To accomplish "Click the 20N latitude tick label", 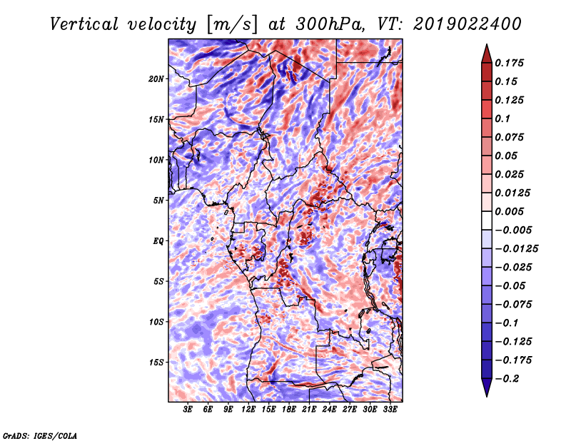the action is [156, 79].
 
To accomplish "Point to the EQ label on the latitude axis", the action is [158, 241].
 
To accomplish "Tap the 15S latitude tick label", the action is [156, 363].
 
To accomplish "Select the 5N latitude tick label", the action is [158, 201].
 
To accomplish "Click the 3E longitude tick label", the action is [188, 410].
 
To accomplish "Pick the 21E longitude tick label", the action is [309, 410].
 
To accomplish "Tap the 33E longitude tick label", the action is [390, 410].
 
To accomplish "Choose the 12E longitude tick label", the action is [248, 410].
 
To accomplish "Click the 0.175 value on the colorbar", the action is [509, 63].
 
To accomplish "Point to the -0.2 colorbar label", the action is [507, 379].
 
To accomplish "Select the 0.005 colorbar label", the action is [509, 211].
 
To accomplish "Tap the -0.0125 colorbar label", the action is [516, 249].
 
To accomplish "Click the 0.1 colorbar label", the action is [502, 118].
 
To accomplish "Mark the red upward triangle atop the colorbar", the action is [487, 54].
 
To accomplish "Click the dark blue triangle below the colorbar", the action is [487, 387].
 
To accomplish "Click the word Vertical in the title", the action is [84, 24].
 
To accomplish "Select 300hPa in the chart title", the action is [330, 24].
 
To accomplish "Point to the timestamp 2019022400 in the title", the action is [468, 24].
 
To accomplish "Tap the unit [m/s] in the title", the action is [232, 25].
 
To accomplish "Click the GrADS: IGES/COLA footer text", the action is [40, 435].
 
